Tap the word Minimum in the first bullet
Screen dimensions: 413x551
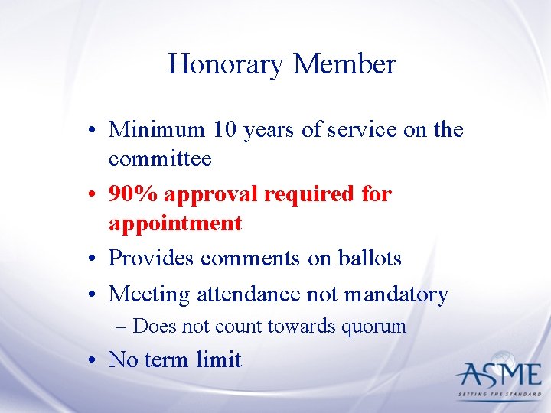click(157, 129)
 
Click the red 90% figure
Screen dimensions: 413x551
click(133, 194)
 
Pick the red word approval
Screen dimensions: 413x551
click(210, 195)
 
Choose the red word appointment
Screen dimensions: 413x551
click(175, 223)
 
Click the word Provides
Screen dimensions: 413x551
click(152, 259)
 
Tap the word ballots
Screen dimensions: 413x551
click(370, 259)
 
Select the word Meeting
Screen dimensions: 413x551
click(149, 294)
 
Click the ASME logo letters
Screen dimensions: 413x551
click(498, 375)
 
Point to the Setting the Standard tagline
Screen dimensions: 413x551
click(498, 395)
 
